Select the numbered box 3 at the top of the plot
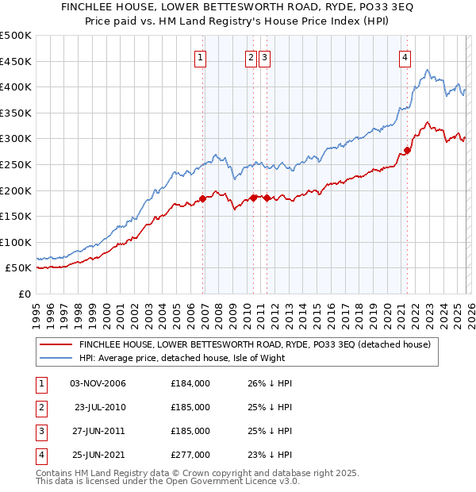pos(263,57)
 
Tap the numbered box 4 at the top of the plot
pos(405,57)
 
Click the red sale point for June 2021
pos(407,150)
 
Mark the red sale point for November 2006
pos(202,198)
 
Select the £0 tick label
pos(24,294)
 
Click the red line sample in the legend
pos(56,345)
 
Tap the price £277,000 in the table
pos(190,455)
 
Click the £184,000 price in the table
pos(190,383)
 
